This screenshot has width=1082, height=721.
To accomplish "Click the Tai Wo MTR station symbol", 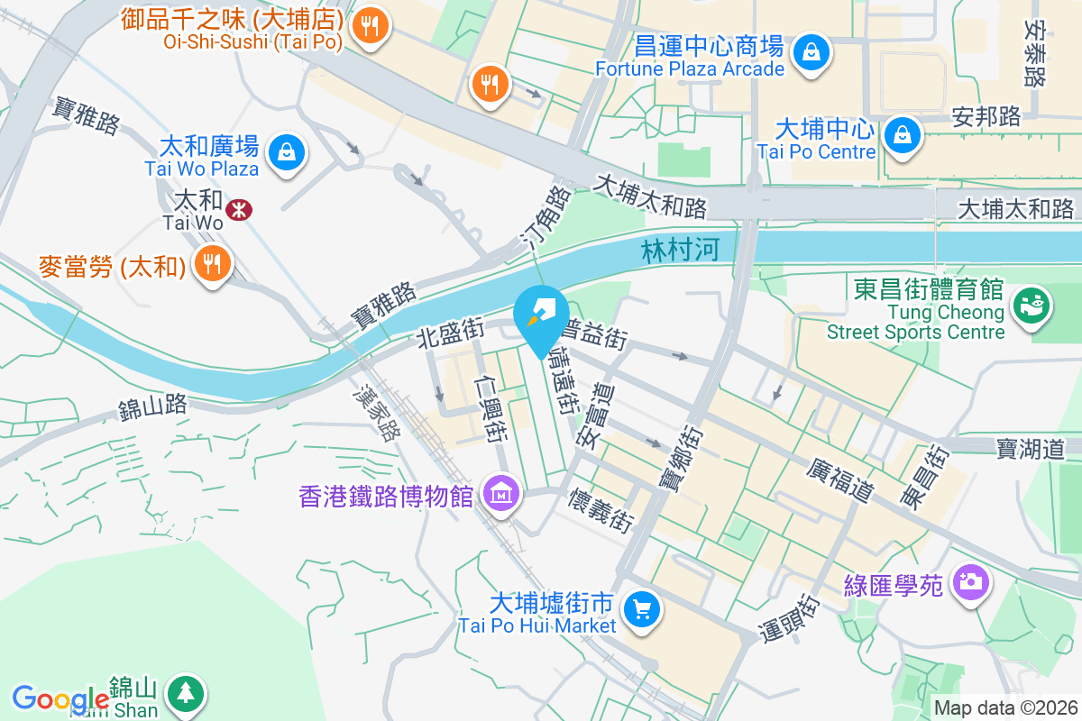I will [x=239, y=210].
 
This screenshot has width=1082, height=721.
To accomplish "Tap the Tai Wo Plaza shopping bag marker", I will [x=286, y=151].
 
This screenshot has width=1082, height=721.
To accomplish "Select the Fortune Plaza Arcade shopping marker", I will [x=811, y=51].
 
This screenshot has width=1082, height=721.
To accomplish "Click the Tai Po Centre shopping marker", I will [x=901, y=135].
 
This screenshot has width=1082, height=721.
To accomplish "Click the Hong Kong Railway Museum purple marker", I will [x=500, y=493].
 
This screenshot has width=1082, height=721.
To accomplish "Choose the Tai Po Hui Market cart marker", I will [x=641, y=610].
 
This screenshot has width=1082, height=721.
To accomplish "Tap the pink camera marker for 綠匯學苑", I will [x=970, y=581].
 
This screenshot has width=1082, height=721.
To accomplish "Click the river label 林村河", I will [x=681, y=250].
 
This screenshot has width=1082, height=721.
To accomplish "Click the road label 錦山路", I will [x=152, y=407].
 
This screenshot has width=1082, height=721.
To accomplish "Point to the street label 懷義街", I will [x=600, y=509].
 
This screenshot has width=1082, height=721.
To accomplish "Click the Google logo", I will [x=60, y=699].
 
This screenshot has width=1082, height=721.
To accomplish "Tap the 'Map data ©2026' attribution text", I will [x=1004, y=707].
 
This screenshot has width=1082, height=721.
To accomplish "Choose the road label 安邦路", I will [x=986, y=116].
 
